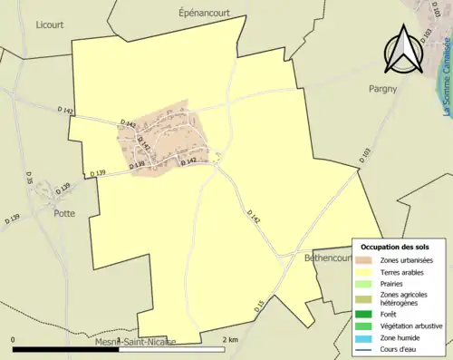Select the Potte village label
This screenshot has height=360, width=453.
tap(64, 189)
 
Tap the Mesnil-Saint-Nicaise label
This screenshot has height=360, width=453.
tap(136, 342)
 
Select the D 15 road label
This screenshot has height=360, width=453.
tap(258, 306)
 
